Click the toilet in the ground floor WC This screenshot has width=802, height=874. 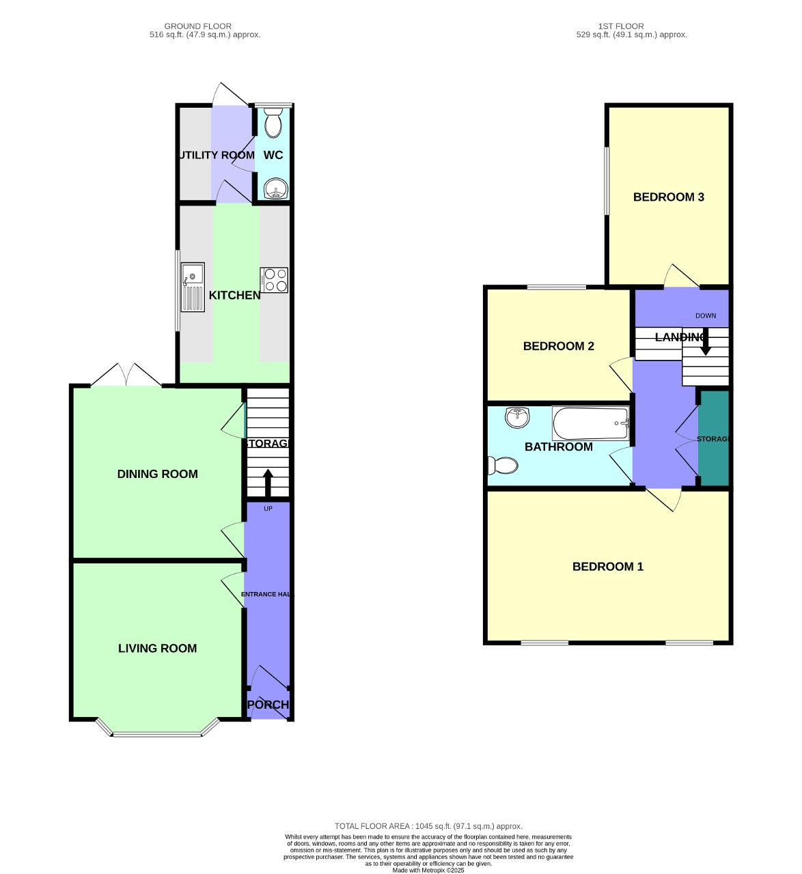[x=273, y=124]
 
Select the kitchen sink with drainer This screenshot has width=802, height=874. [x=193, y=287]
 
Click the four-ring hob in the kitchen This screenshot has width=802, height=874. [x=274, y=280]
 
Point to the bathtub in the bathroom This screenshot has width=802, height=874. [x=590, y=424]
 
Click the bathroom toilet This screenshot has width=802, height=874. [x=503, y=466]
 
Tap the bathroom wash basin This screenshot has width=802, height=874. [x=517, y=417]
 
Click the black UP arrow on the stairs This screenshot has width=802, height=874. [x=267, y=482]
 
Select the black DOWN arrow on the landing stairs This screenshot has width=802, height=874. [x=705, y=342]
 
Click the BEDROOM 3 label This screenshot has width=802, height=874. [x=668, y=197]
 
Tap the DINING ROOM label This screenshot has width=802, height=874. [x=157, y=474]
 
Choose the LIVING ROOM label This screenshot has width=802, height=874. [x=157, y=649]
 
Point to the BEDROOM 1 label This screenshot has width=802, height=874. [x=607, y=567]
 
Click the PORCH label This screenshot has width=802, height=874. [x=268, y=705]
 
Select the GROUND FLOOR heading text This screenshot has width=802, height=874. [x=197, y=26]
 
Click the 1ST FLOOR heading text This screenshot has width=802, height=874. [x=621, y=26]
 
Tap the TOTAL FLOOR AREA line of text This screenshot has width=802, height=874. [x=428, y=826]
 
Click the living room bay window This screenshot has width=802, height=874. [x=157, y=733]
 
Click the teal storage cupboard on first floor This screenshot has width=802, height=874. [x=714, y=439]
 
